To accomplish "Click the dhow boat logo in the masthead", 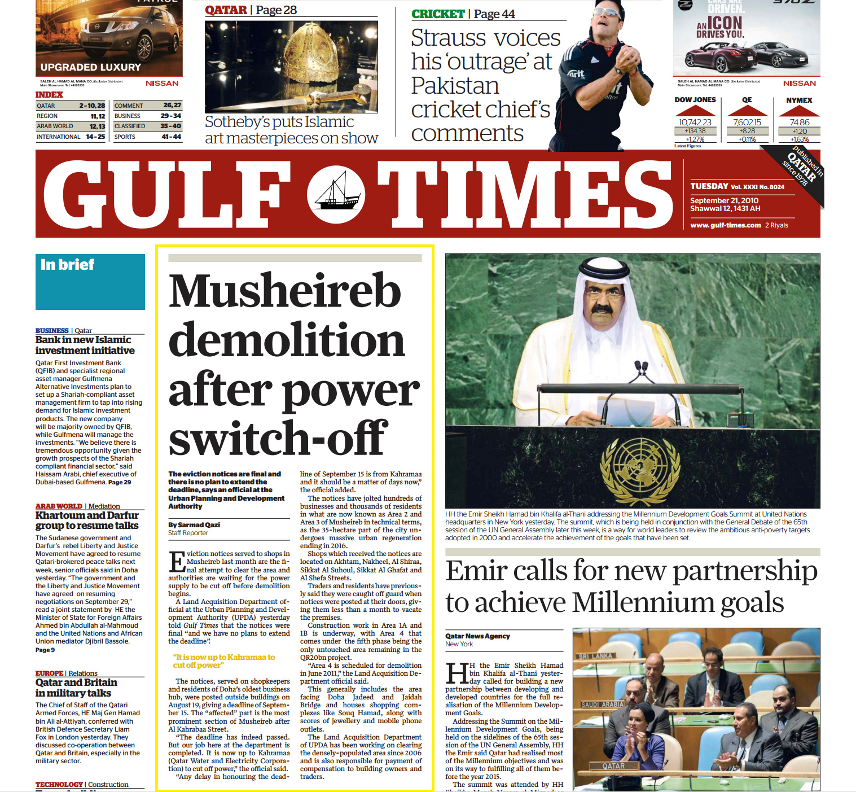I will pos(336,194).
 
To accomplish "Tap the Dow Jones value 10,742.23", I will pos(695,122).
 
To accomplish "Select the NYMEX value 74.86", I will pos(799,122).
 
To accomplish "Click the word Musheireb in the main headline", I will pos(285,291).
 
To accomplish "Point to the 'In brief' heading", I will pos(67,264).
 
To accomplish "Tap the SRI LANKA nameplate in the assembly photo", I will pos(596,656).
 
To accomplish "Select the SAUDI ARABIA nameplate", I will pos(603,704).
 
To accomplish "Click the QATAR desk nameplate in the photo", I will pos(613,766).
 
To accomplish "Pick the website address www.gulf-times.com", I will pos(725,225).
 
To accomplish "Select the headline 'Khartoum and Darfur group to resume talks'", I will pos(87,520).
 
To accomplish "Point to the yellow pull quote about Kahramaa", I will pos(224,661).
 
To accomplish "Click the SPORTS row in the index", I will pos(147,137).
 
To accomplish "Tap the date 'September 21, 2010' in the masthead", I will pos(724,200).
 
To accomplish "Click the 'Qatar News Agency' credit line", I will pos(477,636).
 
